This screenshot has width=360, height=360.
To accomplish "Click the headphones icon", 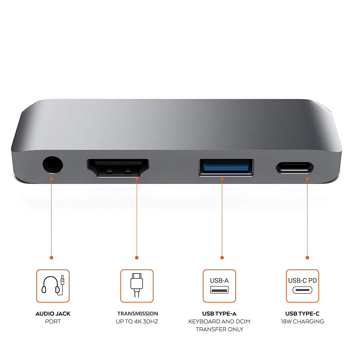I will pyautogui.click(x=53, y=286).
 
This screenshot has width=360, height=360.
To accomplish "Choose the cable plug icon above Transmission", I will pyautogui.click(x=137, y=286).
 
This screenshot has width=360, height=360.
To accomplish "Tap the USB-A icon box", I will pyautogui.click(x=219, y=286).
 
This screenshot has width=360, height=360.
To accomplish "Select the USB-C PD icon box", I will pyautogui.click(x=302, y=286).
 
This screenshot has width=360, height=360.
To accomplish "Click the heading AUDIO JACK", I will pyautogui.click(x=53, y=314).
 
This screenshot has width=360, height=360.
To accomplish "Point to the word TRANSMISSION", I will pyautogui.click(x=138, y=314).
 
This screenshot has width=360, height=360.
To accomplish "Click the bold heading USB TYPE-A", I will pyautogui.click(x=219, y=314).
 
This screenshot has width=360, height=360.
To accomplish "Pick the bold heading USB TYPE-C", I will pyautogui.click(x=302, y=314).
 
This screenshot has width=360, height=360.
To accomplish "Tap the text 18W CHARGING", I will pyautogui.click(x=302, y=322).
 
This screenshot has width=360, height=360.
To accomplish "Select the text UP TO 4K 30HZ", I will pyautogui.click(x=138, y=322).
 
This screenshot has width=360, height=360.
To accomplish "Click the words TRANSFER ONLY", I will pyautogui.click(x=219, y=329).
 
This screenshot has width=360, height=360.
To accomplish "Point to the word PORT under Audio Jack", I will pyautogui.click(x=53, y=322).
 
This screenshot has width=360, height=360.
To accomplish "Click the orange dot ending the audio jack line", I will pyautogui.click(x=51, y=258).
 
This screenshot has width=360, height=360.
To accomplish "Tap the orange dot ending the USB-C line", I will pyautogui.click(x=307, y=257).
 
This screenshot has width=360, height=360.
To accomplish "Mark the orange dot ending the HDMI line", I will pyautogui.click(x=137, y=257).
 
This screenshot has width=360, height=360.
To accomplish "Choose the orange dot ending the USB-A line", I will pyautogui.click(x=222, y=257).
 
